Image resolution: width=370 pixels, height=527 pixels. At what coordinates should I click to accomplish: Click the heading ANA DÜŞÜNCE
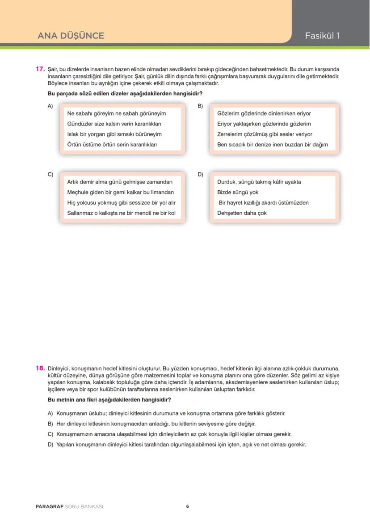[x=71, y=36]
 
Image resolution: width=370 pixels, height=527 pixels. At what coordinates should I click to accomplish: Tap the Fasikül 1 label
[x=322, y=36]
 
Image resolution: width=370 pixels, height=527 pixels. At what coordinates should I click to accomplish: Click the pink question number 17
[x=40, y=69]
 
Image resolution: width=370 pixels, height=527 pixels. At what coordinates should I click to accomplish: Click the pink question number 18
[x=40, y=368]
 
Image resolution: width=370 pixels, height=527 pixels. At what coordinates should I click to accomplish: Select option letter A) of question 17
[x=50, y=106]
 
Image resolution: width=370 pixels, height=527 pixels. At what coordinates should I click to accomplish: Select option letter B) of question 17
[x=200, y=106]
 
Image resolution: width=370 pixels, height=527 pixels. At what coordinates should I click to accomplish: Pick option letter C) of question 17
[x=50, y=175]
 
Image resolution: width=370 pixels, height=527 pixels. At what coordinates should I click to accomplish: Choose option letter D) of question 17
[x=200, y=175]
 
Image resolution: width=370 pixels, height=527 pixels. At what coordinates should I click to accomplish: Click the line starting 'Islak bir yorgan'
[x=114, y=134]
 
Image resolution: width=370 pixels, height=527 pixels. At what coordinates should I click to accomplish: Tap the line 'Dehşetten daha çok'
[x=242, y=213]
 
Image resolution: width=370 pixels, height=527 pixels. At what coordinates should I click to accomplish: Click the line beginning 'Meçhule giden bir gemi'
[x=120, y=193]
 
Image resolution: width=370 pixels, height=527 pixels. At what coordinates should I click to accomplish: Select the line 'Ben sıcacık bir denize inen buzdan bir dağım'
[x=273, y=145]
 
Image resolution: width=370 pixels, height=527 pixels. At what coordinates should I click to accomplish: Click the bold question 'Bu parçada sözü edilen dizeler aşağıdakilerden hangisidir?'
[x=125, y=94]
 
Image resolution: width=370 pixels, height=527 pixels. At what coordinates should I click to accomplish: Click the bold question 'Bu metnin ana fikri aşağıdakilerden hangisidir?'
[x=109, y=400]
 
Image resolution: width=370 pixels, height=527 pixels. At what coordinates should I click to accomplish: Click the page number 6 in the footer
[x=188, y=506]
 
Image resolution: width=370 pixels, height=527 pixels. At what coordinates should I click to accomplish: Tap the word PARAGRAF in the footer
[x=50, y=507]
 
